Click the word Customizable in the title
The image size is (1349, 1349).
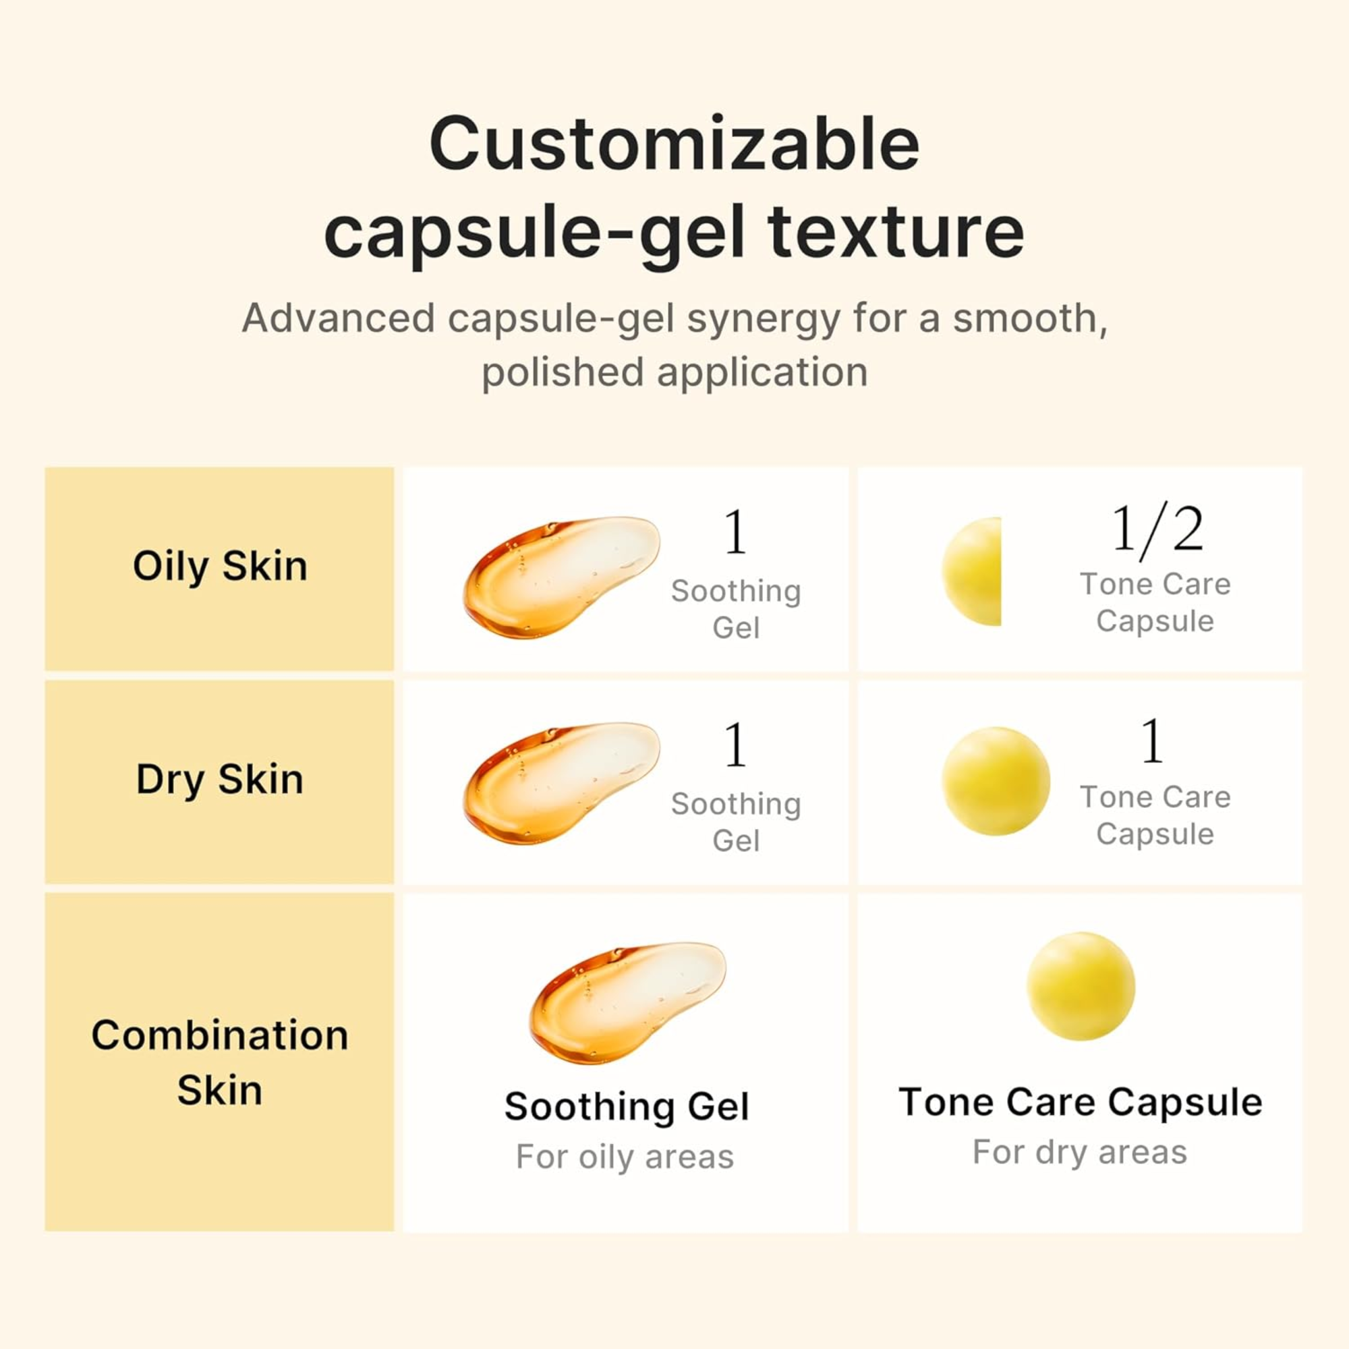(674, 144)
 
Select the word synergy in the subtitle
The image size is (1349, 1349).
(763, 319)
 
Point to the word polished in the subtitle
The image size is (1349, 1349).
(562, 372)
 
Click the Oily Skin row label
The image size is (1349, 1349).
(220, 567)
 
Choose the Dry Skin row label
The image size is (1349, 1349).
(220, 779)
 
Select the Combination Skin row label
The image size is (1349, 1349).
(220, 1062)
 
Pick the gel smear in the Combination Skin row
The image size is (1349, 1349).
(627, 1003)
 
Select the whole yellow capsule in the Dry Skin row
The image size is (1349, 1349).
(995, 781)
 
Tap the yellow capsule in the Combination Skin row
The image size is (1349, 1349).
(1080, 986)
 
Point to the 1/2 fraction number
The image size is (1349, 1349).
(1157, 530)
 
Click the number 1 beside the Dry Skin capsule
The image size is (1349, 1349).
(1151, 741)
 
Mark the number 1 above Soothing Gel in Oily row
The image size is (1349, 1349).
(735, 532)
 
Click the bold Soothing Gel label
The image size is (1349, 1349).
(627, 1108)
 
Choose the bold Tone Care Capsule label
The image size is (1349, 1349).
(1080, 1103)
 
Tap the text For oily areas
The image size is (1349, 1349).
(625, 1157)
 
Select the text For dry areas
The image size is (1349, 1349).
(1079, 1153)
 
